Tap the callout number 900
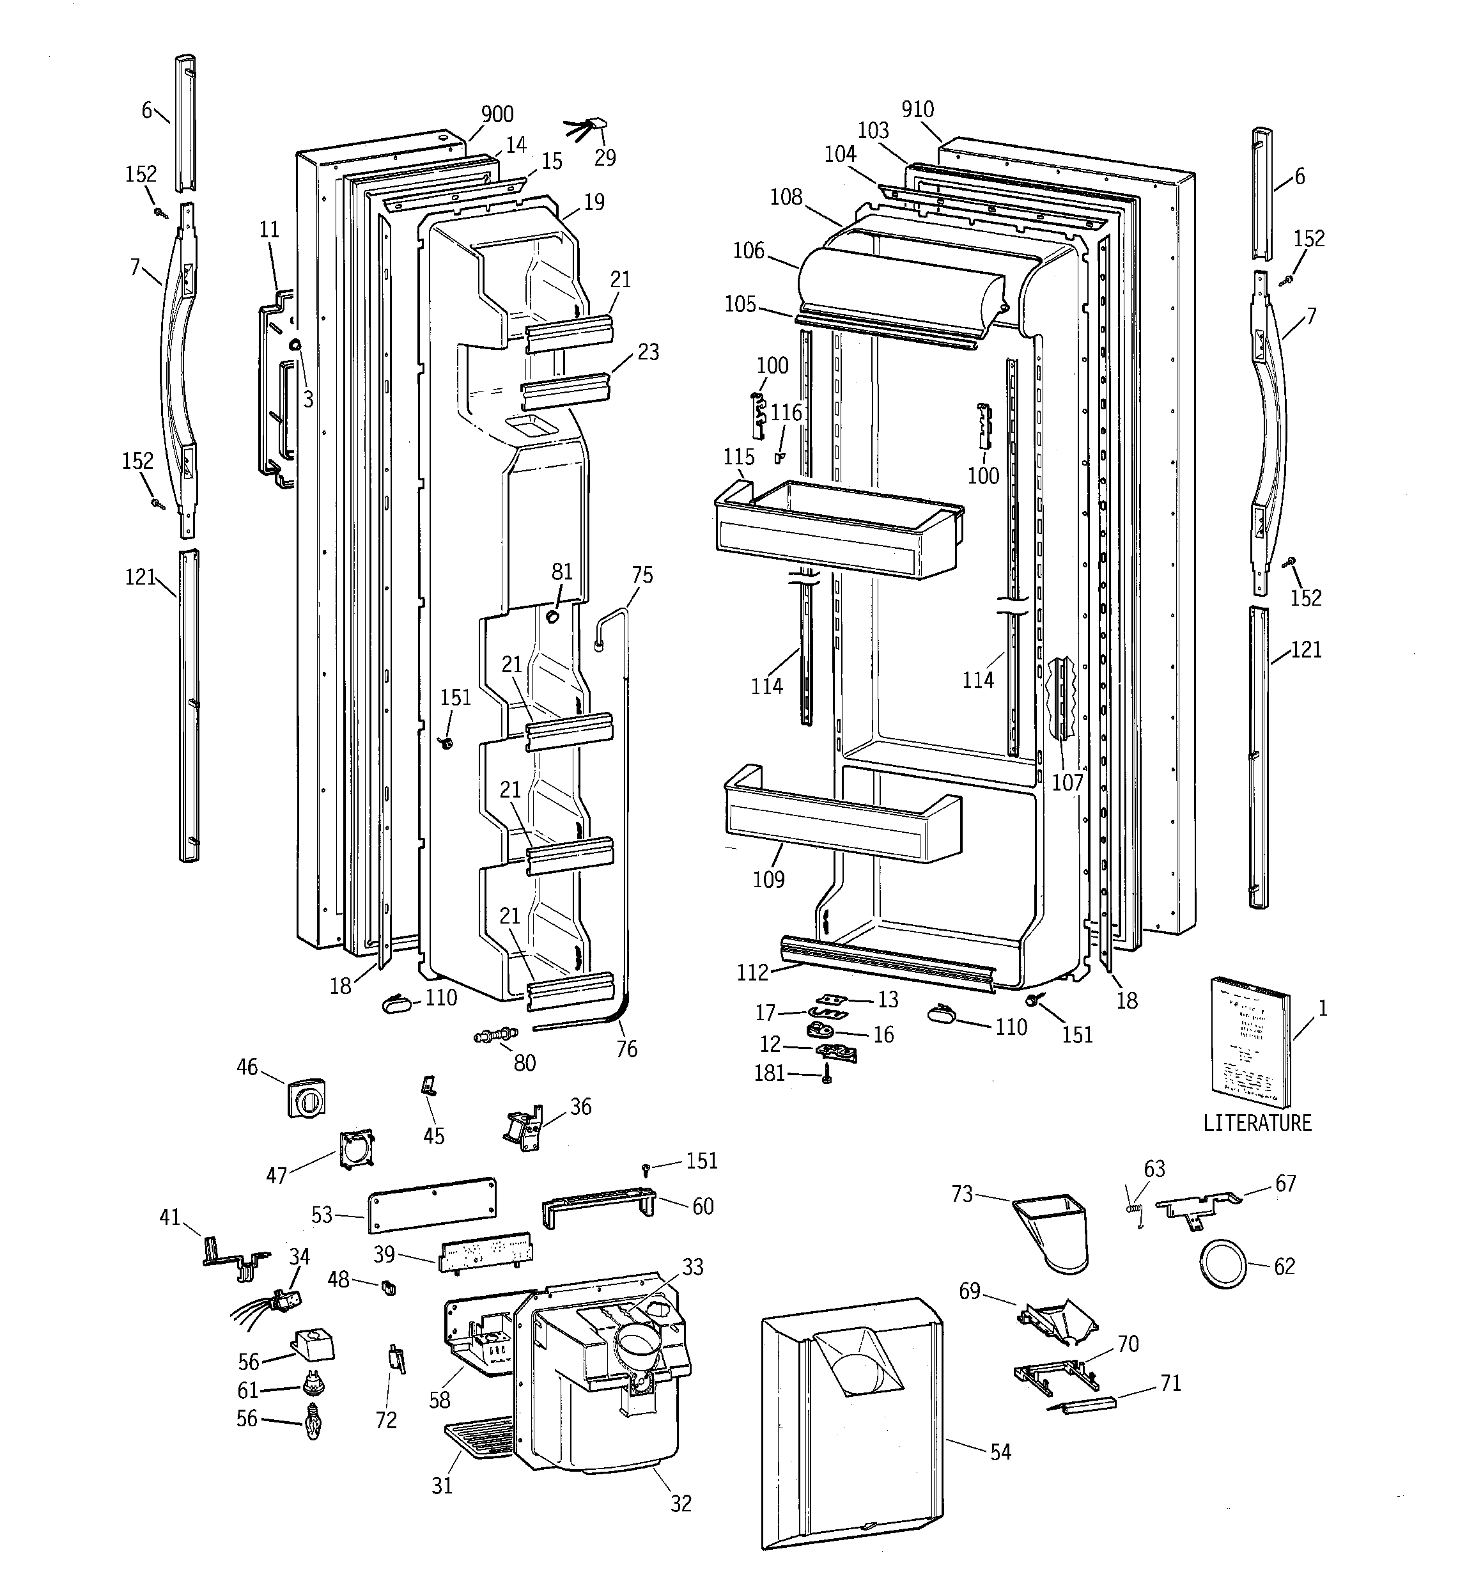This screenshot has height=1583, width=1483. (x=497, y=114)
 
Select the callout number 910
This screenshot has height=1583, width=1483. (x=917, y=110)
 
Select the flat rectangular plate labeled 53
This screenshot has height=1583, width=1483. (x=432, y=1203)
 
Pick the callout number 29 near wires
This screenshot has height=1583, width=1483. (x=605, y=158)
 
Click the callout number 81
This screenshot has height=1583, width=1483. (x=562, y=572)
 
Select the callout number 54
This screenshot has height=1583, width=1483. (x=1000, y=1452)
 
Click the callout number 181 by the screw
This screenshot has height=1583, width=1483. (x=769, y=1073)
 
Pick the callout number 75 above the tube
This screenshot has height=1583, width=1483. (x=642, y=575)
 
